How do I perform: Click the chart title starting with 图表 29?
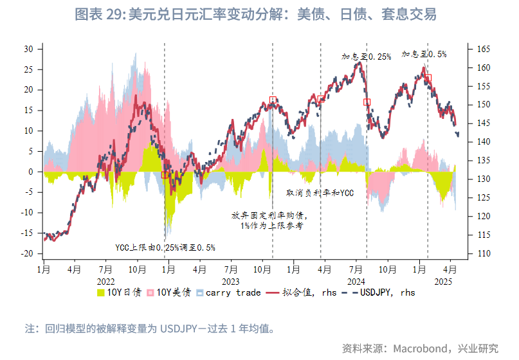[255, 14]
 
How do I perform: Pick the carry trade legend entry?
[228, 292]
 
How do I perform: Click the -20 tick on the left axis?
[27, 254]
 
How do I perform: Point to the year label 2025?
[444, 281]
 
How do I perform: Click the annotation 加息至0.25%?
[366, 57]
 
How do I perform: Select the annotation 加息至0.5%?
[424, 55]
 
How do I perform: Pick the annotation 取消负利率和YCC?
[320, 192]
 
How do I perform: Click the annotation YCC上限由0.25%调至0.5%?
[165, 247]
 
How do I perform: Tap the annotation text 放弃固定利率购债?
[270, 216]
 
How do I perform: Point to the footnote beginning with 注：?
[150, 328]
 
